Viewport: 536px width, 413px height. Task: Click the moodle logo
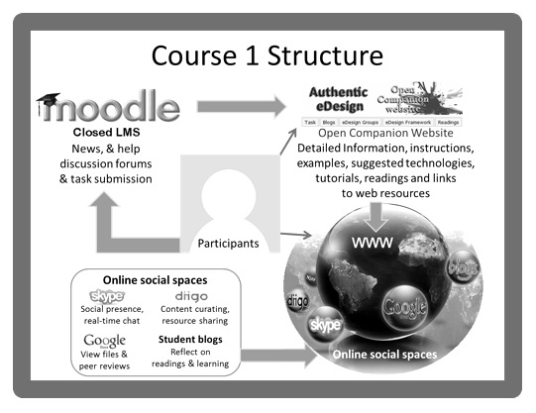(x=110, y=106)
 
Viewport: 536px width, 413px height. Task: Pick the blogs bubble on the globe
(x=462, y=266)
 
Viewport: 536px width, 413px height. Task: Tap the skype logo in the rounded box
(x=107, y=295)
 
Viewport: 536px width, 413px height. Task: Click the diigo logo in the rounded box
(x=192, y=295)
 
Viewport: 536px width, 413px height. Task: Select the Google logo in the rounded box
(x=105, y=342)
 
